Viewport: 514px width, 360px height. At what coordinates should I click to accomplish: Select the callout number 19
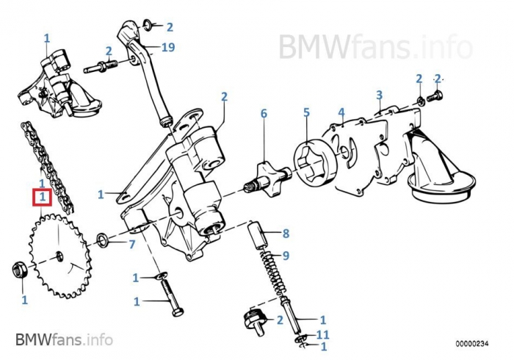pyautogui.click(x=167, y=48)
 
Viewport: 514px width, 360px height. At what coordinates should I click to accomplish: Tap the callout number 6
pyautogui.click(x=264, y=114)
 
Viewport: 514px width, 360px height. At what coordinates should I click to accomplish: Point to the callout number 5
pyautogui.click(x=307, y=112)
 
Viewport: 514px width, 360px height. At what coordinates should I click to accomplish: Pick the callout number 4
pyautogui.click(x=341, y=112)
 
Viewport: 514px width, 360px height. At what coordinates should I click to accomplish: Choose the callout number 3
pyautogui.click(x=379, y=95)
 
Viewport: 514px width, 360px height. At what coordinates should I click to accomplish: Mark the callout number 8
pyautogui.click(x=286, y=234)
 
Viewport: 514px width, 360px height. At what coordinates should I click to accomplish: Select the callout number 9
pyautogui.click(x=286, y=256)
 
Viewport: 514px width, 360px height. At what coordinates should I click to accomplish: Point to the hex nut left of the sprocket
pyautogui.click(x=21, y=269)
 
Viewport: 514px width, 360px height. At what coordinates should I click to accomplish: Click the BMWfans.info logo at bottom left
pyautogui.click(x=63, y=339)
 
